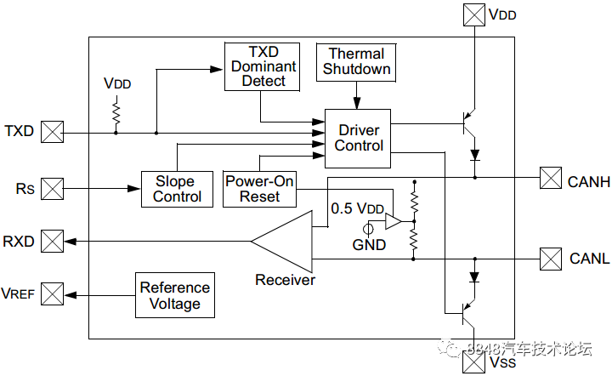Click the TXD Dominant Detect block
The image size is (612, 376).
tap(263, 66)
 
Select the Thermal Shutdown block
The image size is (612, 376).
tap(356, 62)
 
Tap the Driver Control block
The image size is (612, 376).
tap(358, 139)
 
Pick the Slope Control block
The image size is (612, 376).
tap(177, 189)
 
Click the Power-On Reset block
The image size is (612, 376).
tap(259, 189)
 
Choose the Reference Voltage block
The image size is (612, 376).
tap(175, 295)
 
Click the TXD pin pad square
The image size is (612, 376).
tap(53, 132)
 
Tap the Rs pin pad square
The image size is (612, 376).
tap(53, 189)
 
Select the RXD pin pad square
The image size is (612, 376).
tap(53, 242)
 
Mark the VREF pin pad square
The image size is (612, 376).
tap(53, 294)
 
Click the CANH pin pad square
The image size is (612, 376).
tap(551, 178)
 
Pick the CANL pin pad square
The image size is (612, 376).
tap(551, 259)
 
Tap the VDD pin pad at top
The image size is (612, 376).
tap(474, 14)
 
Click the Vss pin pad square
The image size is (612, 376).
tap(473, 362)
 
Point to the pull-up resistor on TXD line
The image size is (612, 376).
tap(116, 114)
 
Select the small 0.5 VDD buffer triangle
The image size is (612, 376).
tap(393, 221)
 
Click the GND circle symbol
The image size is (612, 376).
tap(368, 229)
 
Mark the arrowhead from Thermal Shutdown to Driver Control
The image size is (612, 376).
tap(357, 103)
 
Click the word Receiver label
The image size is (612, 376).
tap(285, 280)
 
